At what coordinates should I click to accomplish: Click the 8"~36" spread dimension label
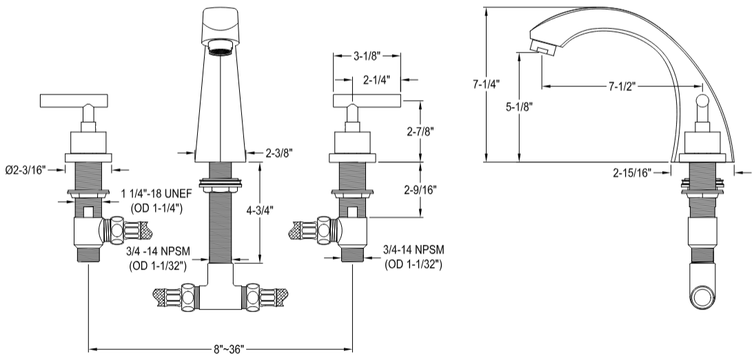227,350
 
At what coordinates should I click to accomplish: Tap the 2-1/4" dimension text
376,80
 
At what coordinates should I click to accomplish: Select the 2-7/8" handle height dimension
420,130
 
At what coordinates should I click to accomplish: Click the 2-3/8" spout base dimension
280,154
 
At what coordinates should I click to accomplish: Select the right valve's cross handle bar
367,101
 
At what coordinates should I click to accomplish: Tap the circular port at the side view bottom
703,299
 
